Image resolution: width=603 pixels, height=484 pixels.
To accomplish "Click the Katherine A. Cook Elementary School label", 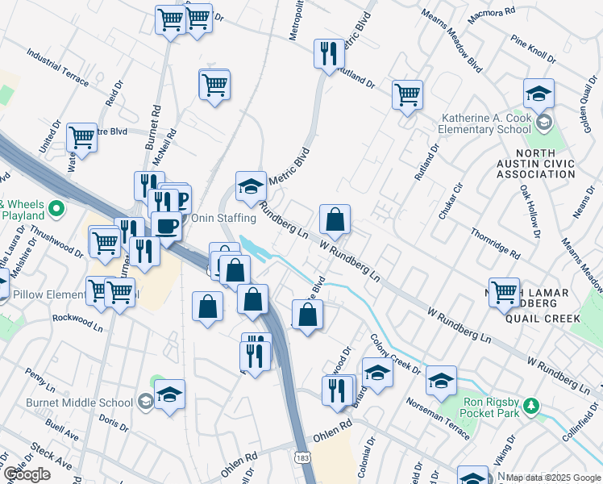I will (x=486, y=123).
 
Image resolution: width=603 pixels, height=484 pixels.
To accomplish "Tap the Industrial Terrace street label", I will (x=57, y=67).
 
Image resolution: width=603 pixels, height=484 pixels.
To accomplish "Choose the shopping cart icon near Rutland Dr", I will (x=408, y=94).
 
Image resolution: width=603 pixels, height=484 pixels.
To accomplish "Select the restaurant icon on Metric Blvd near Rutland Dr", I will (x=329, y=54).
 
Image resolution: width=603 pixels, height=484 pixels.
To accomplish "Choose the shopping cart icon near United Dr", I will (x=82, y=137).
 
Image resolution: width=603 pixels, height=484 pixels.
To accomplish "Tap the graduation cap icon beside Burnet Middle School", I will (x=169, y=394).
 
